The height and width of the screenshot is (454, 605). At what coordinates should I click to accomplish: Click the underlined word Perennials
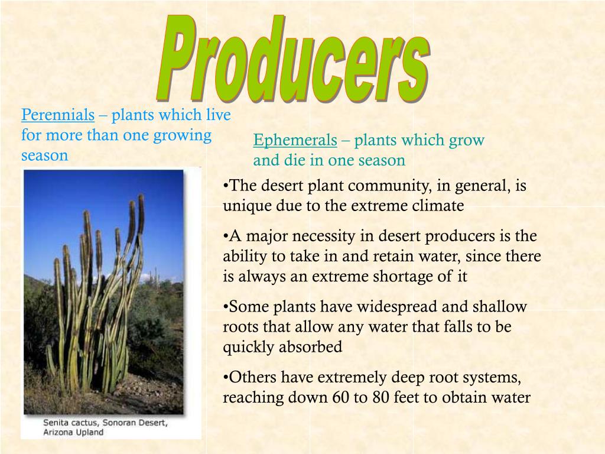(58, 115)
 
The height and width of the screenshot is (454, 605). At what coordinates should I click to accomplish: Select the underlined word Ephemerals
(295, 141)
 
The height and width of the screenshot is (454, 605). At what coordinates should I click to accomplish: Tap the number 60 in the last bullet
(339, 398)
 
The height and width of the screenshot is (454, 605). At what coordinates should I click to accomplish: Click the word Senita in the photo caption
(57, 423)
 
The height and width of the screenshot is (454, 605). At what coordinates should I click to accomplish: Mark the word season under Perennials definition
(45, 155)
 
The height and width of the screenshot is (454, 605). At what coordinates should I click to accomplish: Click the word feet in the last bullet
(409, 398)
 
